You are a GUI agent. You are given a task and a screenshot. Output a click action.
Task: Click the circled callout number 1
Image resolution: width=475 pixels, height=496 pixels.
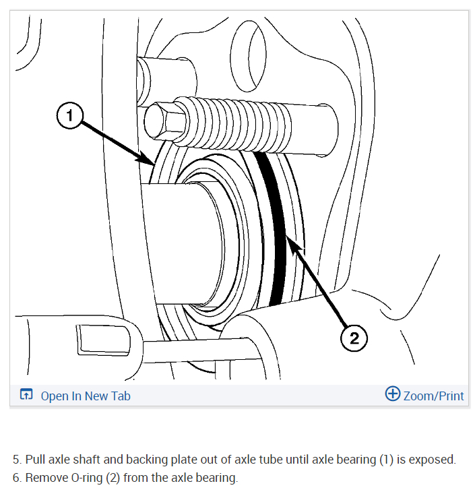(x=69, y=116)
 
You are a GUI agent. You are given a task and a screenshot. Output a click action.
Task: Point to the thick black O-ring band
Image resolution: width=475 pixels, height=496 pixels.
(x=274, y=229)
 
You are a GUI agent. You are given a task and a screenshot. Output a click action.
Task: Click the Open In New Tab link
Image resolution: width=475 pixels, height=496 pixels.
(x=86, y=396)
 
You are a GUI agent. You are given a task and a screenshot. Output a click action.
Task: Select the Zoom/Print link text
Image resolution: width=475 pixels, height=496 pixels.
(x=433, y=396)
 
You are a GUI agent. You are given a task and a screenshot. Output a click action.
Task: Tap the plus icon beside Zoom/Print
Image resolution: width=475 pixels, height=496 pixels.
(x=392, y=394)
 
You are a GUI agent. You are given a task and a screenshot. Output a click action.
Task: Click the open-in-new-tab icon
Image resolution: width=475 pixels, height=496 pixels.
(x=26, y=395)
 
